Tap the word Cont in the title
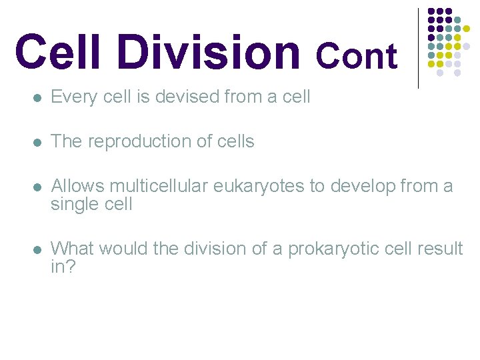tap(356, 56)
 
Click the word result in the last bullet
tap(440, 249)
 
